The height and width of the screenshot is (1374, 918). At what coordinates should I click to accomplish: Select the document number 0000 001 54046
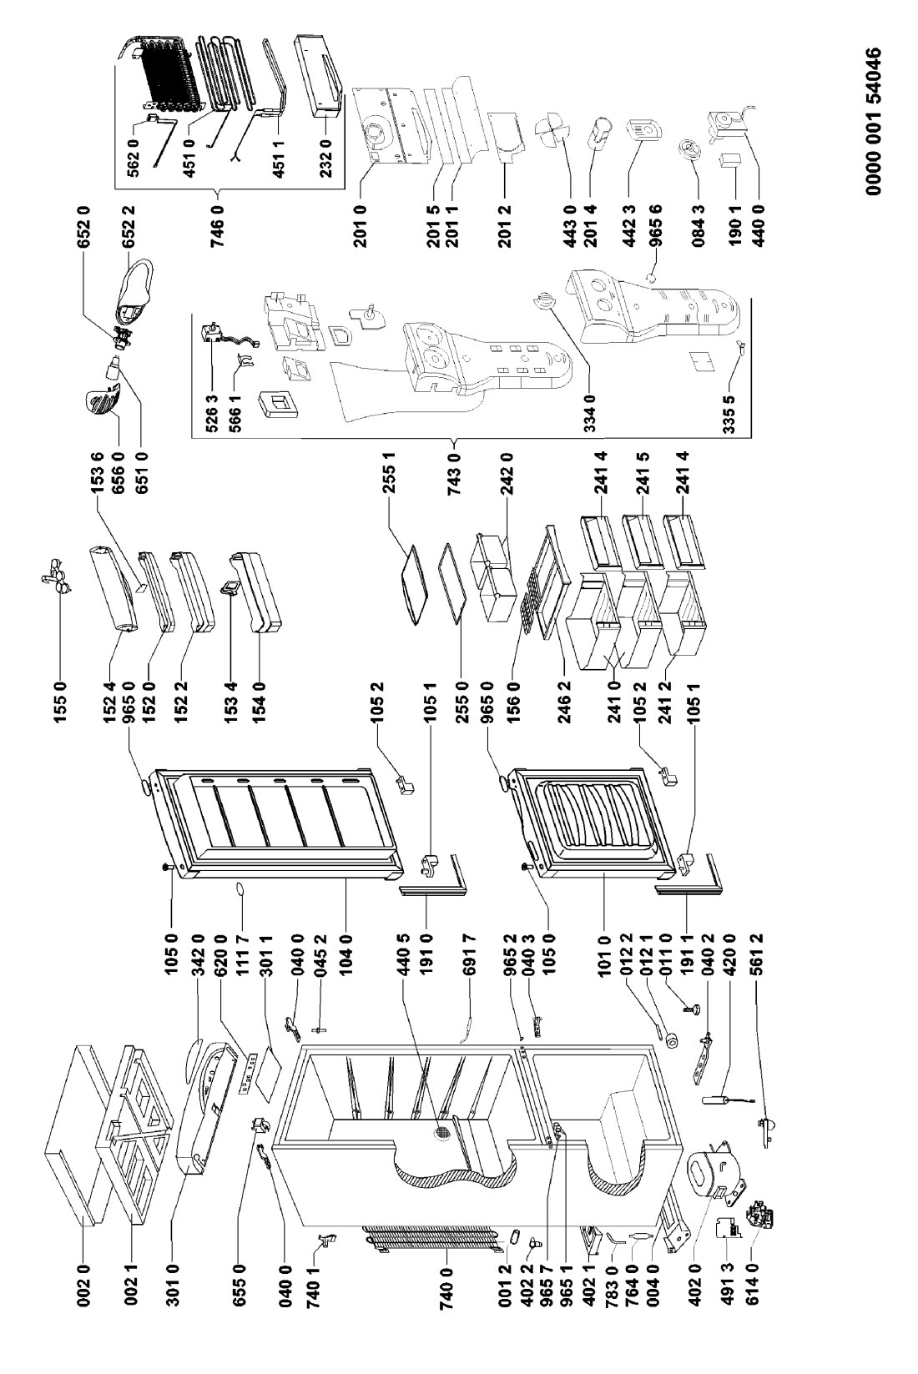[873, 121]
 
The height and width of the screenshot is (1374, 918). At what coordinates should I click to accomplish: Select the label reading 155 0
[62, 697]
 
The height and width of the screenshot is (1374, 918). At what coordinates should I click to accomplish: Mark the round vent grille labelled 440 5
[441, 1133]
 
